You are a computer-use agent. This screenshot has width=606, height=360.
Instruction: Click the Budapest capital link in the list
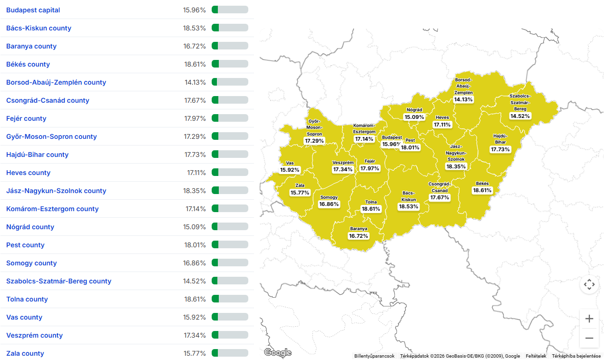[x=33, y=10]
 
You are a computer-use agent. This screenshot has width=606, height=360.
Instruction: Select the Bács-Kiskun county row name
[x=39, y=28]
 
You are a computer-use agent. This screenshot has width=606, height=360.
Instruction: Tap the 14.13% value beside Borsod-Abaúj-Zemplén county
[x=195, y=82]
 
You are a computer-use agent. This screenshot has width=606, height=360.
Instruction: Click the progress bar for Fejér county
[x=230, y=118]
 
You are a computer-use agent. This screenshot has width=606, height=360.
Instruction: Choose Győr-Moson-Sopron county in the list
[x=51, y=136]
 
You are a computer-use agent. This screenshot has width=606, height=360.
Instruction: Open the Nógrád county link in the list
[x=30, y=227]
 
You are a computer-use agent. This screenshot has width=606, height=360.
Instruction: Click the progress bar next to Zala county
[x=230, y=353]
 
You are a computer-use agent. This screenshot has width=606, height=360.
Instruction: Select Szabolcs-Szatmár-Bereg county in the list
[x=59, y=281]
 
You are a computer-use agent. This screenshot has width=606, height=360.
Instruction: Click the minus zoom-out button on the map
[x=589, y=338]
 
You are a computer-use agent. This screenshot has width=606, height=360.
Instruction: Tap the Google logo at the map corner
[x=278, y=352]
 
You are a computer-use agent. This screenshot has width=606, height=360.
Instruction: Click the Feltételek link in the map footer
[x=536, y=356]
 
